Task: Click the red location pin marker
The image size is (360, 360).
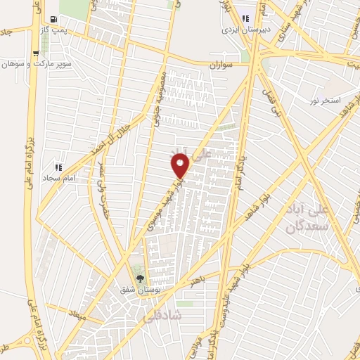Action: (x=181, y=166)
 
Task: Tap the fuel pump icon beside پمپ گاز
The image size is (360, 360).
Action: (x=54, y=18)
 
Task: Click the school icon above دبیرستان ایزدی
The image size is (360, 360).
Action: (x=245, y=19)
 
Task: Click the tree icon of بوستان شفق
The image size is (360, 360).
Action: (x=139, y=278)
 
